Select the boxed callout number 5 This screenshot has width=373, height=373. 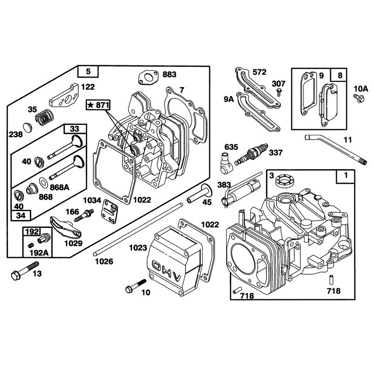tap(88, 71)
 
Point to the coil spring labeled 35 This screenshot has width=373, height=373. tap(44, 117)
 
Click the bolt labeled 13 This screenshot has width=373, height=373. tap(25, 271)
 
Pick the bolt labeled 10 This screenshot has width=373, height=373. tap(136, 286)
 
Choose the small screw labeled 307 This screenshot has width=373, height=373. tap(279, 92)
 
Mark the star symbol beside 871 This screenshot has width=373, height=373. tap(90, 104)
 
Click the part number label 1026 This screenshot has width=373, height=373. tap(104, 262)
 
